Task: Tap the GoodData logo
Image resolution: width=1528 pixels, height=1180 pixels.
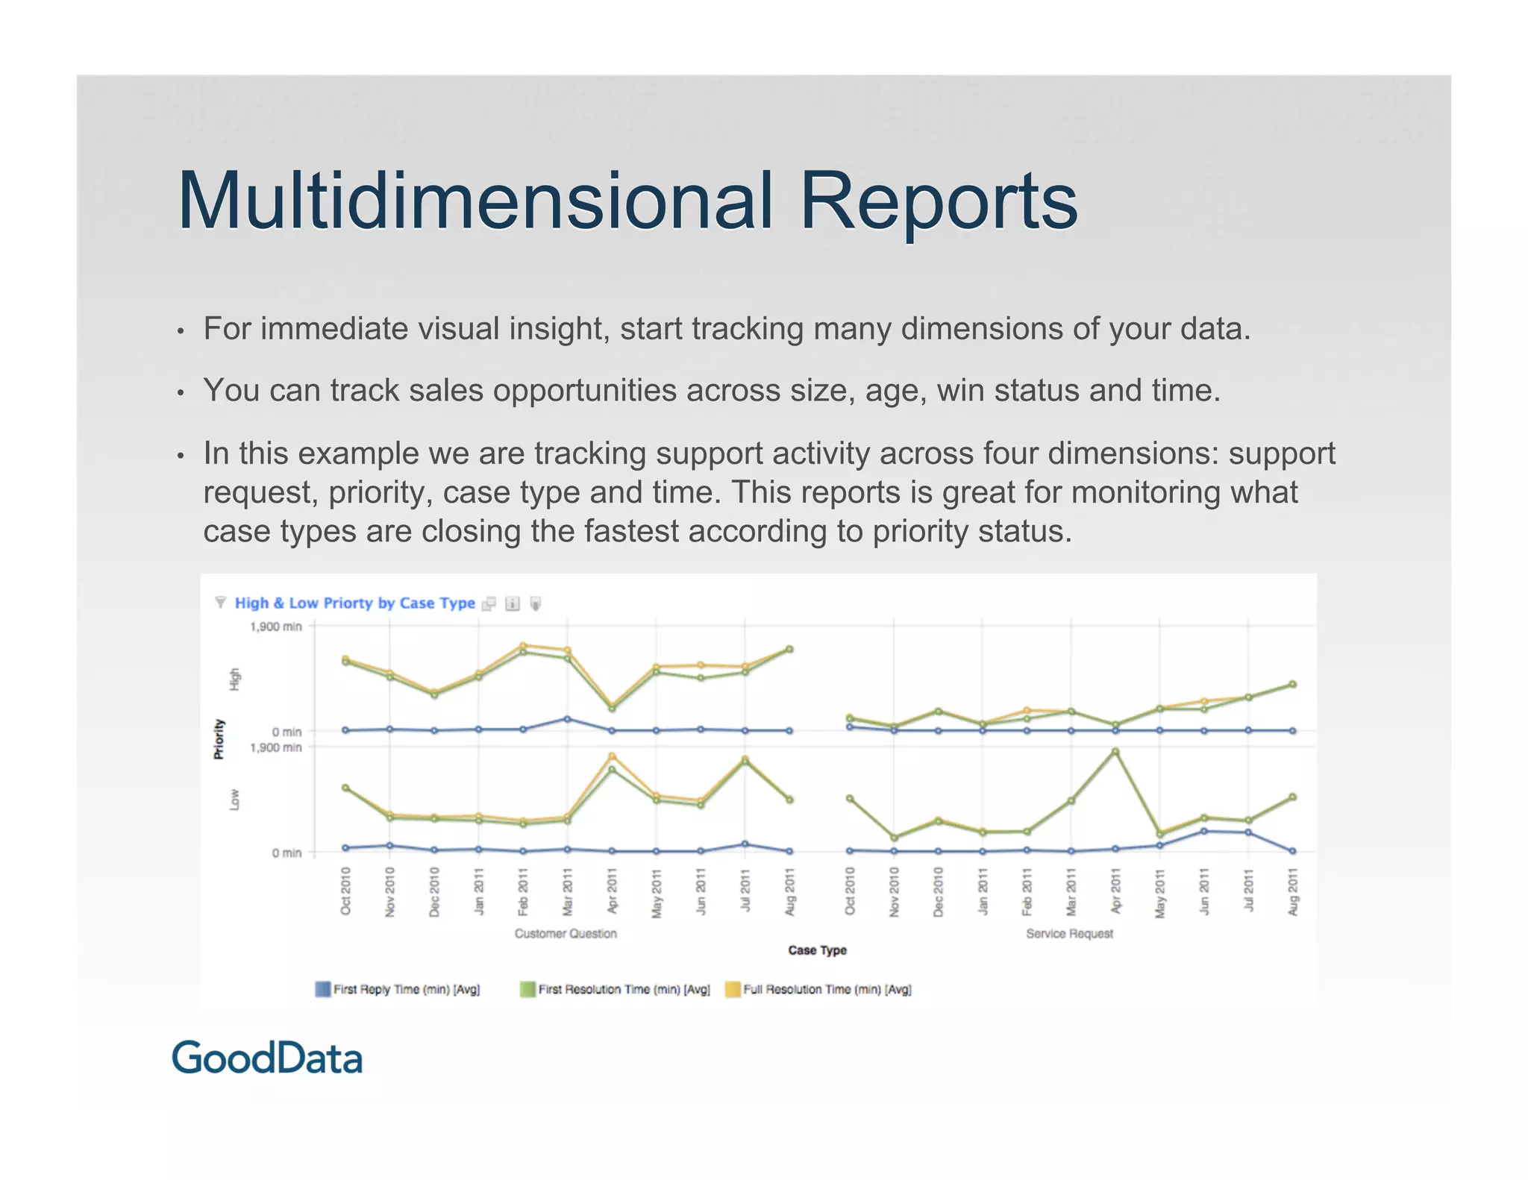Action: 267,1058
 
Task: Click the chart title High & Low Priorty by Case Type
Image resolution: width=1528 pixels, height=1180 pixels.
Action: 354,603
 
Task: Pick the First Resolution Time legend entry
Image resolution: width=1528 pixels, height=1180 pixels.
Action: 615,990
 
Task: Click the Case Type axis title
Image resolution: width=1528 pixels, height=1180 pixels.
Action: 817,950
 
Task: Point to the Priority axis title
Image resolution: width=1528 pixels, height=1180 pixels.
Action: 219,739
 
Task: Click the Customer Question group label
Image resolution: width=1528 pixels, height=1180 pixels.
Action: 566,934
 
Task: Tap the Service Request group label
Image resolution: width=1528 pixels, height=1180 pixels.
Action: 1069,934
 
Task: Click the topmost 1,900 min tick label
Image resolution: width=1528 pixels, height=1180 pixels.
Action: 275,627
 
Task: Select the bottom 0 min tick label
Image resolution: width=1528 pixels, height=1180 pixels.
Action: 286,853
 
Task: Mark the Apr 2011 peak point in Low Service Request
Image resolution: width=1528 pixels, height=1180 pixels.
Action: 1115,752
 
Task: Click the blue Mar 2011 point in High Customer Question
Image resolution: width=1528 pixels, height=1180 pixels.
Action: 567,719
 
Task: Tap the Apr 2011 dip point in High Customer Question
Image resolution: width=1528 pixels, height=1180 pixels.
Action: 612,707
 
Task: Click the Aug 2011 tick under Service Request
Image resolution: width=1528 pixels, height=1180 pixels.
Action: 1293,892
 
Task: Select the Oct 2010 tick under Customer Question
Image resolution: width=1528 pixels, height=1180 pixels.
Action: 345,892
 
